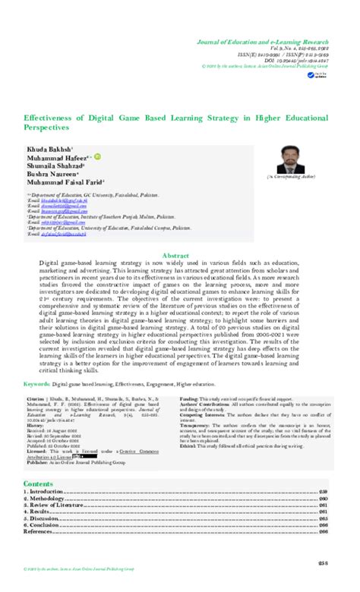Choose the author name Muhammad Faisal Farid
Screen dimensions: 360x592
coord(67,183)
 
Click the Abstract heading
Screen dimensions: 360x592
coord(181,255)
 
